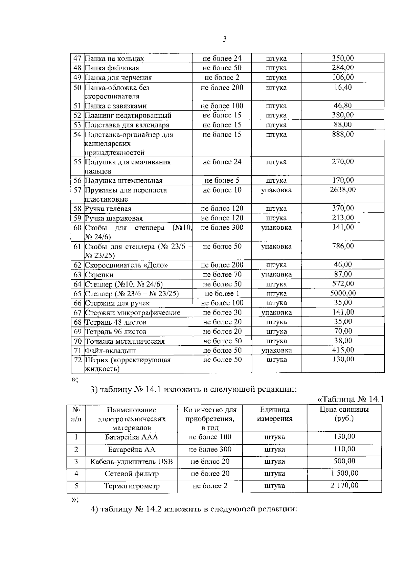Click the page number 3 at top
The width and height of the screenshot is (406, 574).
(225, 39)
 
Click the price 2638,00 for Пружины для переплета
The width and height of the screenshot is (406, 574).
(343, 190)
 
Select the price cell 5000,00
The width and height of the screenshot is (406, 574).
(343, 293)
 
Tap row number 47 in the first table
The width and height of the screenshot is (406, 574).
(78, 59)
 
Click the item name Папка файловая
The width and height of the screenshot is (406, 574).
(112, 68)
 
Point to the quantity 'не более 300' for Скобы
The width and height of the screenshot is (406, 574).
(222, 227)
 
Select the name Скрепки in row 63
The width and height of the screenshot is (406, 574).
(99, 275)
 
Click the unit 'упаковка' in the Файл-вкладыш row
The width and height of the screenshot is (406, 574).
(276, 350)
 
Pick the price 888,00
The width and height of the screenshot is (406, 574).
(343, 134)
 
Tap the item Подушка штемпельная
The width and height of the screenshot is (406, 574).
(123, 181)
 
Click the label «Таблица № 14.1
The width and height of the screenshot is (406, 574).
(351, 399)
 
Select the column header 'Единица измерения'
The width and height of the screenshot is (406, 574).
(275, 414)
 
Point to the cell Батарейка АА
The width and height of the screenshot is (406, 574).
(132, 450)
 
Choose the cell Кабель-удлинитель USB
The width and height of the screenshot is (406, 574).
(132, 462)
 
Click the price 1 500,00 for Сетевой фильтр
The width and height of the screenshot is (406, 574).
(344, 473)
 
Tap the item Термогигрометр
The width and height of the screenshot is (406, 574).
(132, 486)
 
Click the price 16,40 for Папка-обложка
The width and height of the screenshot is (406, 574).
(343, 87)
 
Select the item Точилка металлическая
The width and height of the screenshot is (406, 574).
(125, 341)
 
